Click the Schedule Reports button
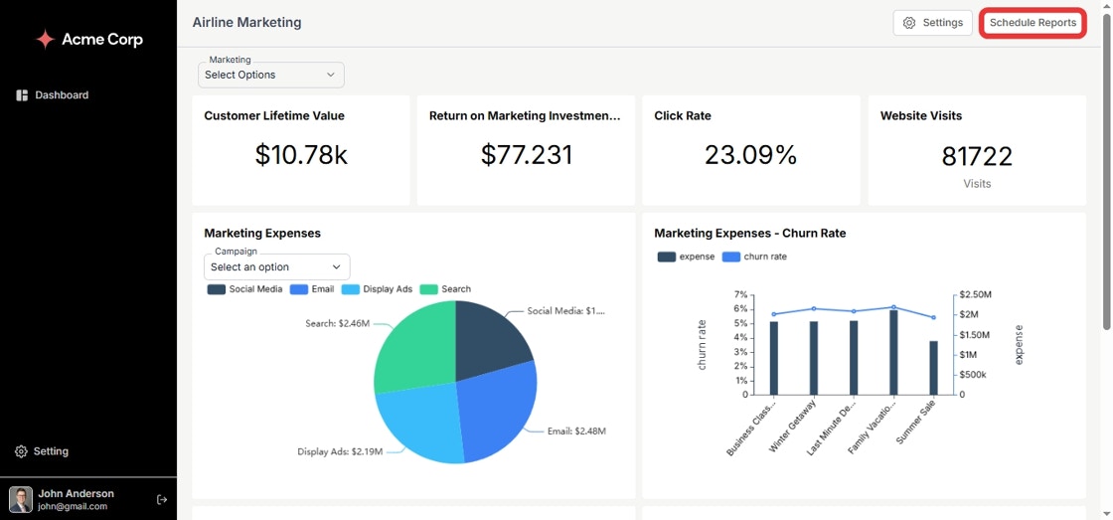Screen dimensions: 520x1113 pos(1033,23)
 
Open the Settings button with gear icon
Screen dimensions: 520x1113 pos(932,23)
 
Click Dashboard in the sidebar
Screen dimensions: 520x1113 pos(62,95)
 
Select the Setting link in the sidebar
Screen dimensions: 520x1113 pos(51,451)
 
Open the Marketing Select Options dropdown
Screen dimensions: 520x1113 pos(270,75)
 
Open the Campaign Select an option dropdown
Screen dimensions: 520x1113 pos(276,266)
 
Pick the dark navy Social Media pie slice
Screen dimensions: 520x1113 pos(492,336)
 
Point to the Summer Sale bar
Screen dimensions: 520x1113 pos(933,367)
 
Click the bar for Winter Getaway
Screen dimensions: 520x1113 pos(814,357)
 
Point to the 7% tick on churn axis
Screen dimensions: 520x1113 pos(739,295)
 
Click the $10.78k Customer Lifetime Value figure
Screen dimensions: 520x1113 pos(301,155)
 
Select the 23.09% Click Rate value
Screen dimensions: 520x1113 pos(750,155)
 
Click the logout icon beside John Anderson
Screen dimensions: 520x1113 pos(162,499)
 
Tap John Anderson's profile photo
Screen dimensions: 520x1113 pos(21,499)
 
